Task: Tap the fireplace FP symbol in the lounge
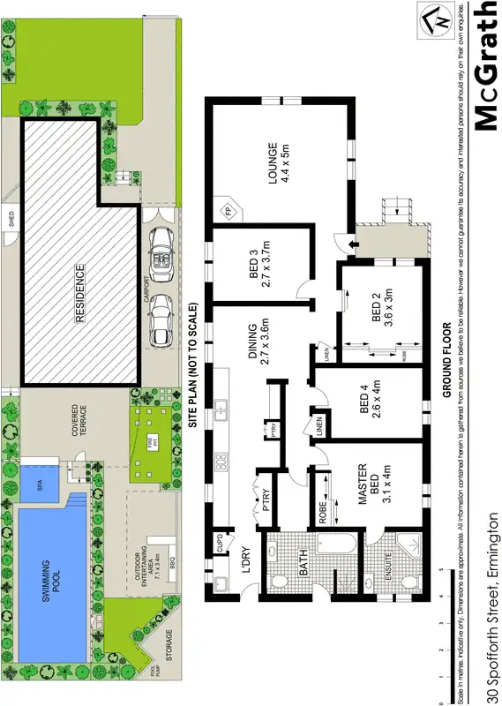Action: [x=228, y=212]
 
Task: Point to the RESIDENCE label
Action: [x=79, y=292]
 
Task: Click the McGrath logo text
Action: [x=486, y=66]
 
